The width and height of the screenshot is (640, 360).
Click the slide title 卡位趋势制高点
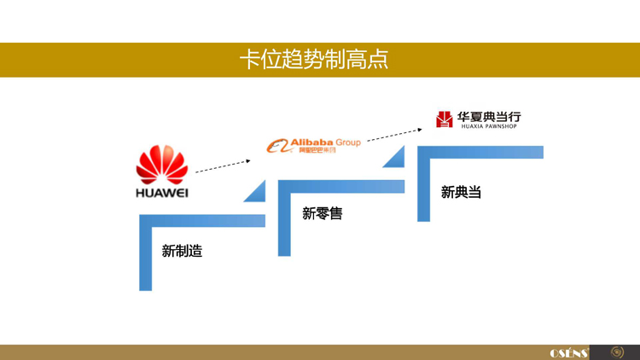pos(313,59)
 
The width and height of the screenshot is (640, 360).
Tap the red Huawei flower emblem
pos(162,164)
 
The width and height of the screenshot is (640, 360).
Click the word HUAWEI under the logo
pos(162,193)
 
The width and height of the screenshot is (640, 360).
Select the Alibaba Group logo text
pos(326,142)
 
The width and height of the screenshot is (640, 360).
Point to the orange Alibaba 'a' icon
pos(277,147)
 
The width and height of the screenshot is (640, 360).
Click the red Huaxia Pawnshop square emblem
pos(445,119)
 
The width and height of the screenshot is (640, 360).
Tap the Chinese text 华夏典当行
pos(489,116)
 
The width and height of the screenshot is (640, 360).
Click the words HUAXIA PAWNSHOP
pos(489,126)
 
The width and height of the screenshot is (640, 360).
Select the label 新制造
pos(182,251)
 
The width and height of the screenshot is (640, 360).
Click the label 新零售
pos(322,213)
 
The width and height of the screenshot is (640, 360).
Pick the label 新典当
pos(461,192)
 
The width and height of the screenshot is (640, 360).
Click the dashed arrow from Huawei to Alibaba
pos(223,165)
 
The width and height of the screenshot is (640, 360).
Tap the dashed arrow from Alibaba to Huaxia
pos(394,134)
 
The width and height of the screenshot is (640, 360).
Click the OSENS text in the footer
pos(569,352)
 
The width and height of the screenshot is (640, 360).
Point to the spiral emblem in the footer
pos(618,351)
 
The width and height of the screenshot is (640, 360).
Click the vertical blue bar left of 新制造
pos(145,256)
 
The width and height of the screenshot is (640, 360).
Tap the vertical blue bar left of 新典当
pos(423,188)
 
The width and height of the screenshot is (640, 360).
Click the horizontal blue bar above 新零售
pos(341,186)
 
